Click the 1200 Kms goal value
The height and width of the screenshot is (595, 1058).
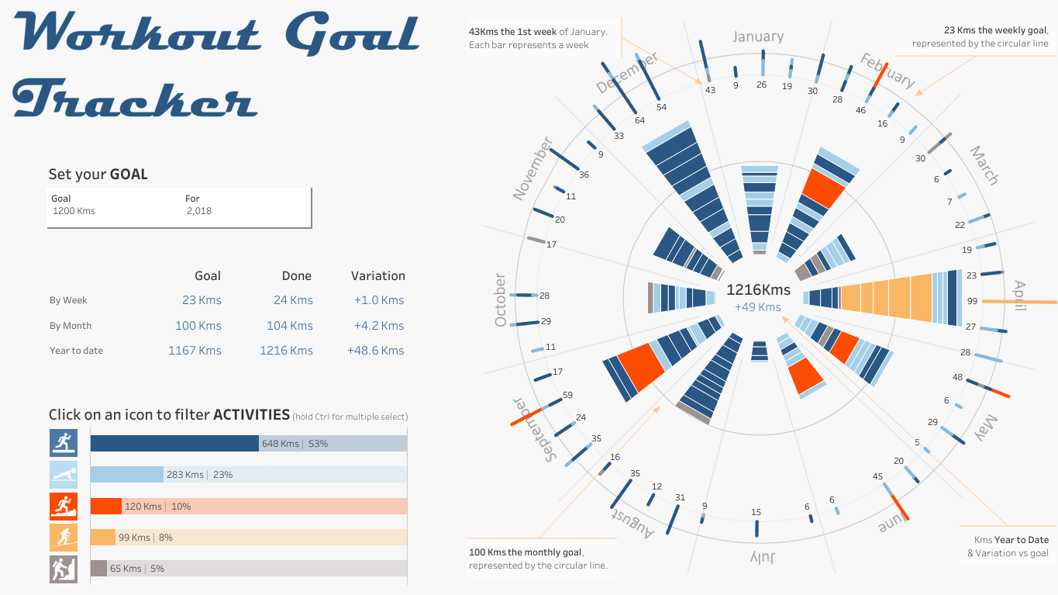[74, 211]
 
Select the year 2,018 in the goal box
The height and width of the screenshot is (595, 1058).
[198, 211]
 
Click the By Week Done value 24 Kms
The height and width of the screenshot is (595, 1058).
[293, 300]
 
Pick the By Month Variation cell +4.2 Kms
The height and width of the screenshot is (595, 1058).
[376, 326]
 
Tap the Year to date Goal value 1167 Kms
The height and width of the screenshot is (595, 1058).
[195, 351]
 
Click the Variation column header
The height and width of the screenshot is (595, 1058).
[377, 275]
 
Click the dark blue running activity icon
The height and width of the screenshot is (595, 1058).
[64, 443]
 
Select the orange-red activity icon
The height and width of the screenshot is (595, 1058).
[64, 506]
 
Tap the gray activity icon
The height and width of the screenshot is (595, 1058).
[64, 569]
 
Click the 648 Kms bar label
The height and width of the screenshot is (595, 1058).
[280, 444]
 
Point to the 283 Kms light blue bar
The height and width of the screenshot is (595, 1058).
[126, 475]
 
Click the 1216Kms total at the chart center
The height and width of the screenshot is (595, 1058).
[758, 290]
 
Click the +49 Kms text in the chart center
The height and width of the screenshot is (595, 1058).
[758, 307]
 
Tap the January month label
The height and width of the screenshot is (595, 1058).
[758, 36]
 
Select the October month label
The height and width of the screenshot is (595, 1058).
[501, 300]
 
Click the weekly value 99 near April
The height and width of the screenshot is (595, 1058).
[972, 301]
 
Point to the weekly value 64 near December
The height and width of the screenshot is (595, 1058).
[639, 120]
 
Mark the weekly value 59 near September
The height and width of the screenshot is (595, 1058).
[567, 395]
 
